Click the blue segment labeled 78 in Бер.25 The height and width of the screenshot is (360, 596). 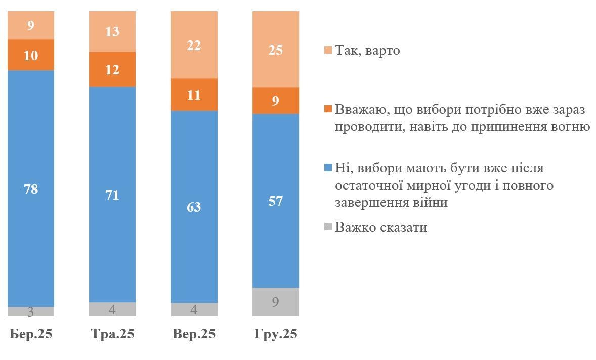[x=31, y=189]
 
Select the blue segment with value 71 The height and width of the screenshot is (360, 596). [x=112, y=195]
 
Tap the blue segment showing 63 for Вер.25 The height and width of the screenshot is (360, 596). [x=194, y=207]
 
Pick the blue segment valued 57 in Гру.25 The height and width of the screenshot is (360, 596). [x=276, y=201]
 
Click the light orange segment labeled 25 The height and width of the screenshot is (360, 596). [x=276, y=50]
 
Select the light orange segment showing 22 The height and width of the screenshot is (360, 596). [x=194, y=45]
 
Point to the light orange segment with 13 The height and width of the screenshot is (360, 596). [x=112, y=32]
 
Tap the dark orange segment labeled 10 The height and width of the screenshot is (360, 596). [x=31, y=55]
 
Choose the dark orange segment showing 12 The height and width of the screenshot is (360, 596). [x=112, y=69]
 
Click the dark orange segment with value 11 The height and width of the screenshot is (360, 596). [x=194, y=95]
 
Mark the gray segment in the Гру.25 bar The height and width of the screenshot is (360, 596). [x=276, y=302]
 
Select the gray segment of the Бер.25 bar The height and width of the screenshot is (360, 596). [x=31, y=311]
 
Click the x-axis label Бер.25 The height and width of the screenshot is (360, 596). [x=31, y=334]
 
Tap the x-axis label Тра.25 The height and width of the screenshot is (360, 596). [x=112, y=334]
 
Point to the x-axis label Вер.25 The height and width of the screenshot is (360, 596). [x=194, y=334]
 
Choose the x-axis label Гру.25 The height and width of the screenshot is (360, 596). [x=276, y=334]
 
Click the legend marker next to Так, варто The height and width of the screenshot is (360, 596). [x=327, y=50]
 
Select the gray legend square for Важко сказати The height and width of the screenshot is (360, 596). [x=327, y=227]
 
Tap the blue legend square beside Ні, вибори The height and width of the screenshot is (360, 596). [x=327, y=168]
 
